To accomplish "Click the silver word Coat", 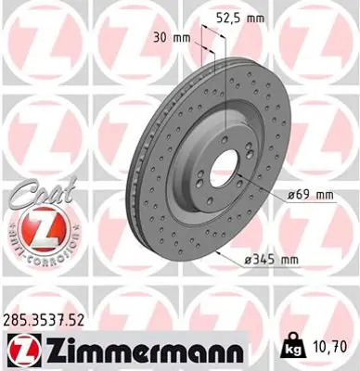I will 37,194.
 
